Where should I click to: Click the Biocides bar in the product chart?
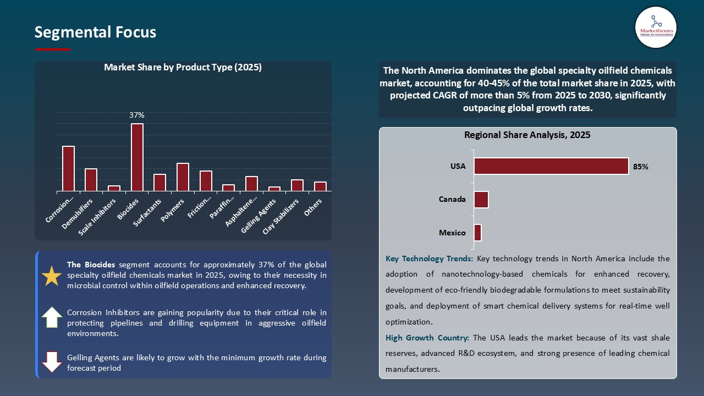(137, 157)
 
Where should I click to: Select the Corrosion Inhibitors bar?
(68, 169)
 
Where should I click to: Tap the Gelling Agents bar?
(274, 189)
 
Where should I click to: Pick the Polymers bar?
(183, 177)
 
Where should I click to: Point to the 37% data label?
(137, 116)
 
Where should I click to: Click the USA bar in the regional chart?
(551, 166)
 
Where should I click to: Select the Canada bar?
(481, 200)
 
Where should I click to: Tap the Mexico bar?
(477, 233)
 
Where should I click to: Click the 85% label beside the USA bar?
(640, 167)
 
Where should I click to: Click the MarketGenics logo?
(656, 27)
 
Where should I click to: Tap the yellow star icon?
(52, 276)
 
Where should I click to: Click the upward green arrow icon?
(52, 317)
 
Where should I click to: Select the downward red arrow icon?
(52, 361)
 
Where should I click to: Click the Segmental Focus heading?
(95, 32)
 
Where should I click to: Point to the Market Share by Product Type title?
(183, 68)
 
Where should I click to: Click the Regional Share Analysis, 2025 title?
(527, 135)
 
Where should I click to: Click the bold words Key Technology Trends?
(430, 258)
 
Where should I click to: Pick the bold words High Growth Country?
(427, 338)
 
